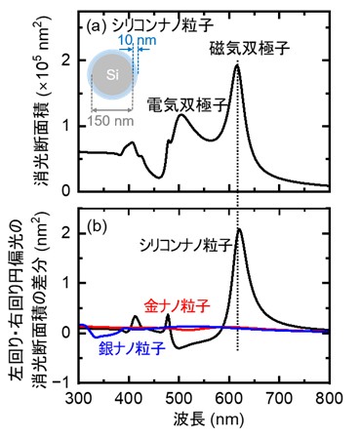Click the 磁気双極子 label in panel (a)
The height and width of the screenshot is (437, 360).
pos(250,49)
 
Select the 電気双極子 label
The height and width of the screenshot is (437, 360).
pos(187,105)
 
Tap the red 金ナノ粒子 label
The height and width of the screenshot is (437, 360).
pos(178,306)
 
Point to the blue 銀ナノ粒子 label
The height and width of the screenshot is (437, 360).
pos(132,349)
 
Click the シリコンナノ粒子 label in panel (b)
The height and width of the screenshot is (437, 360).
pos(186,246)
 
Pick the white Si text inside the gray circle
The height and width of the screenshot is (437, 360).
pos(112,75)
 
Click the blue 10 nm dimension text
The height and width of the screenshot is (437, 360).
pos(137,41)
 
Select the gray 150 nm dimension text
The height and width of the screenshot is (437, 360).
pos(110,121)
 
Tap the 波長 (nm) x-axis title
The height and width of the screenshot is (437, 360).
pos(209,419)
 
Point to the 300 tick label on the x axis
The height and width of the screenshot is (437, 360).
pos(79,398)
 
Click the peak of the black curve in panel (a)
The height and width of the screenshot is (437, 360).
pos(237,64)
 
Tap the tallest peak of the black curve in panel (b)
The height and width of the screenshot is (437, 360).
pos(239,228)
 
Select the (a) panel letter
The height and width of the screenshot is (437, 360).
pos(96,25)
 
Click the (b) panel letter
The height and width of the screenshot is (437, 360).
pos(97,227)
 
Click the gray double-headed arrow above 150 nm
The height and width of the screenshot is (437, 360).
pos(112,111)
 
